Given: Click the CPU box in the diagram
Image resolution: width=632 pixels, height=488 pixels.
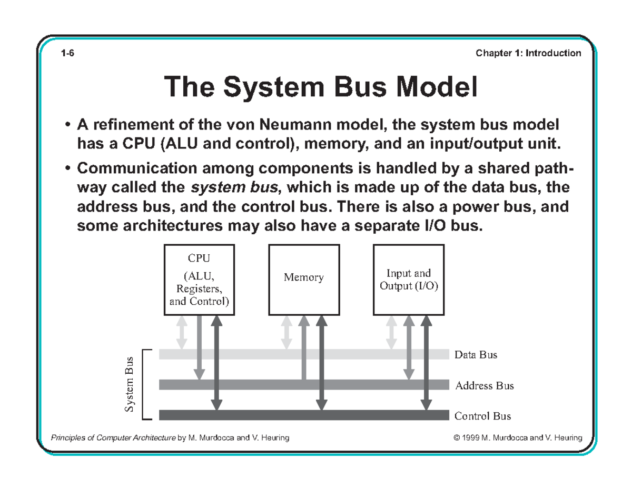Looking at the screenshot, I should [x=199, y=279].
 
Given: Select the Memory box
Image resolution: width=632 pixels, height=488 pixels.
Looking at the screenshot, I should [x=304, y=279].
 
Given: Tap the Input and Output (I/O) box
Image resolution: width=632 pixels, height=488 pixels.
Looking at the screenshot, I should [x=408, y=279].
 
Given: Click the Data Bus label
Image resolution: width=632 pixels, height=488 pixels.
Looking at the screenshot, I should [x=476, y=355].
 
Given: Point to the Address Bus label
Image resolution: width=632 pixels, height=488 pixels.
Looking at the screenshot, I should [x=484, y=385].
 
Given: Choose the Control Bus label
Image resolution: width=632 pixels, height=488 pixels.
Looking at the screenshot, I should [x=482, y=416].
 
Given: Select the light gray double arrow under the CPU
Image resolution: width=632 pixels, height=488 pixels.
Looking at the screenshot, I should [x=181, y=332].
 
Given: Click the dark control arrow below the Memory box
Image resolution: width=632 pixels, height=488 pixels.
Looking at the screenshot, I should [x=321, y=363].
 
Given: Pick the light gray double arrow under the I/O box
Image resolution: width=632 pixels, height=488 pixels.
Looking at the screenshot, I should [x=391, y=332].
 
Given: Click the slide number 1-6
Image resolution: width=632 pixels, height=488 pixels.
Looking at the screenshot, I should [x=67, y=53].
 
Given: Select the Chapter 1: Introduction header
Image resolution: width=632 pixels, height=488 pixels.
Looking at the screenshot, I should [x=528, y=53].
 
